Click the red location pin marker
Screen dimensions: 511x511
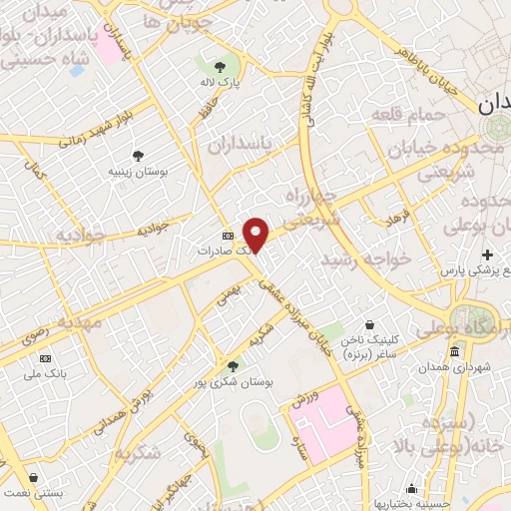(256, 234)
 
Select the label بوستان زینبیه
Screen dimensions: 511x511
(137, 172)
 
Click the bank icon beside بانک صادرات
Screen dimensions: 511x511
(228, 237)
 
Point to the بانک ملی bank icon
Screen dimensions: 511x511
(45, 358)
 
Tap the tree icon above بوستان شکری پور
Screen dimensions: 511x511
(234, 365)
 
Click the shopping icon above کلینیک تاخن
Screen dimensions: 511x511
(369, 324)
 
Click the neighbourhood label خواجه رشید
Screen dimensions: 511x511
(365, 257)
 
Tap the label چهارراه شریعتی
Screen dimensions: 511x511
(312, 207)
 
